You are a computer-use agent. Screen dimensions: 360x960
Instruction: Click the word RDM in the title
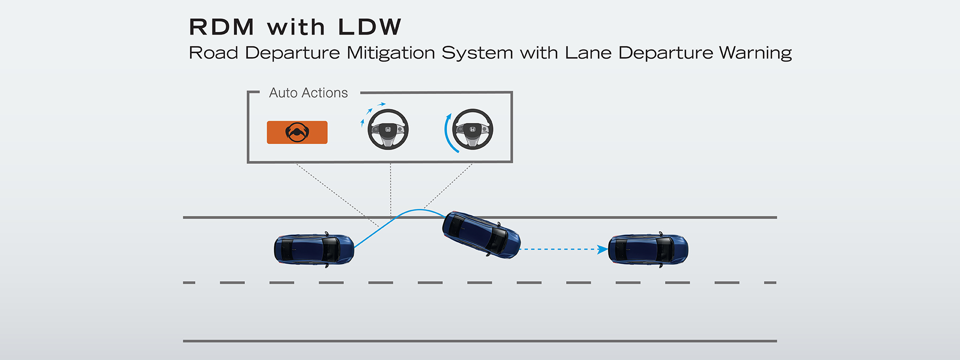click(221, 27)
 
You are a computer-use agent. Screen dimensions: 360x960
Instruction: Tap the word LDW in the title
click(369, 27)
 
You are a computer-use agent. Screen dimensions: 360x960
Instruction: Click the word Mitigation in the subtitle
click(390, 53)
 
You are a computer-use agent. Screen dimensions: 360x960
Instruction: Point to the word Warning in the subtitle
click(755, 53)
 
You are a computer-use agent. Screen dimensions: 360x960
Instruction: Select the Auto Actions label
click(308, 93)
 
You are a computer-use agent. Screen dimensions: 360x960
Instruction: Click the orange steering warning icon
click(297, 132)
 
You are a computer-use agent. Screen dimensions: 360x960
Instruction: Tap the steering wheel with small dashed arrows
click(388, 129)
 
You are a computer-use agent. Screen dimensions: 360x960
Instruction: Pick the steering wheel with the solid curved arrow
click(472, 129)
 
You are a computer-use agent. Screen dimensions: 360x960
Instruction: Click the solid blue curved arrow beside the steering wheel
click(448, 133)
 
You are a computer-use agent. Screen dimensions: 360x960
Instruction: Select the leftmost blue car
click(314, 249)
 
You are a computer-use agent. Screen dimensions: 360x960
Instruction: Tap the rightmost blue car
click(648, 249)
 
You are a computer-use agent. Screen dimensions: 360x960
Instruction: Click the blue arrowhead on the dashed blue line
click(602, 249)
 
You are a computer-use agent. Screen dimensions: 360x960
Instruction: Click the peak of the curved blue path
click(419, 210)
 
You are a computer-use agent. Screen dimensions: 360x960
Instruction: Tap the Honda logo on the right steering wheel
click(472, 129)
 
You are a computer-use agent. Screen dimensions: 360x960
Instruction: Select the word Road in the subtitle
click(213, 53)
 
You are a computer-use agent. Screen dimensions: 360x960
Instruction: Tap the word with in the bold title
click(296, 27)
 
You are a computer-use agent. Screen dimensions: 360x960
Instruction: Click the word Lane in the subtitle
click(588, 53)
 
